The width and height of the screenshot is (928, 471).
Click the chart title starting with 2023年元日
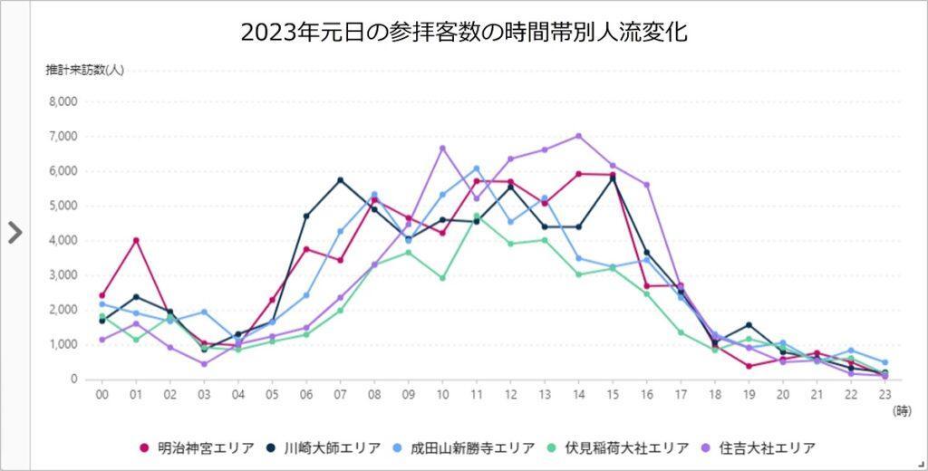[464, 34]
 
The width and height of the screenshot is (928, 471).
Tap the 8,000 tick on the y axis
[63, 101]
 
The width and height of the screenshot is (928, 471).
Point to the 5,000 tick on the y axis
[63, 206]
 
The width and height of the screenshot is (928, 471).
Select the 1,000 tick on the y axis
[63, 344]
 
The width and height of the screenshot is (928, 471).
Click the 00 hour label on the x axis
[101, 395]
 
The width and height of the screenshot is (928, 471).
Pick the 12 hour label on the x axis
[510, 395]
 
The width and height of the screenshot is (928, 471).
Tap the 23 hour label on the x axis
[884, 395]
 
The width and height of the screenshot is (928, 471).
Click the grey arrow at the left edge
[14, 233]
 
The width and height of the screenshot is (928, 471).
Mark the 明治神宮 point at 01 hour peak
[136, 240]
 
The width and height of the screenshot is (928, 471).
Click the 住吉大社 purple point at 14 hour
[578, 136]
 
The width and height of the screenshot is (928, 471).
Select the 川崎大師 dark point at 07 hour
[340, 179]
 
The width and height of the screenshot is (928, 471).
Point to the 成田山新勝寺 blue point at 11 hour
[476, 168]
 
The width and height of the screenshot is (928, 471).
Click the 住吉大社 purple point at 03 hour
[204, 364]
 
